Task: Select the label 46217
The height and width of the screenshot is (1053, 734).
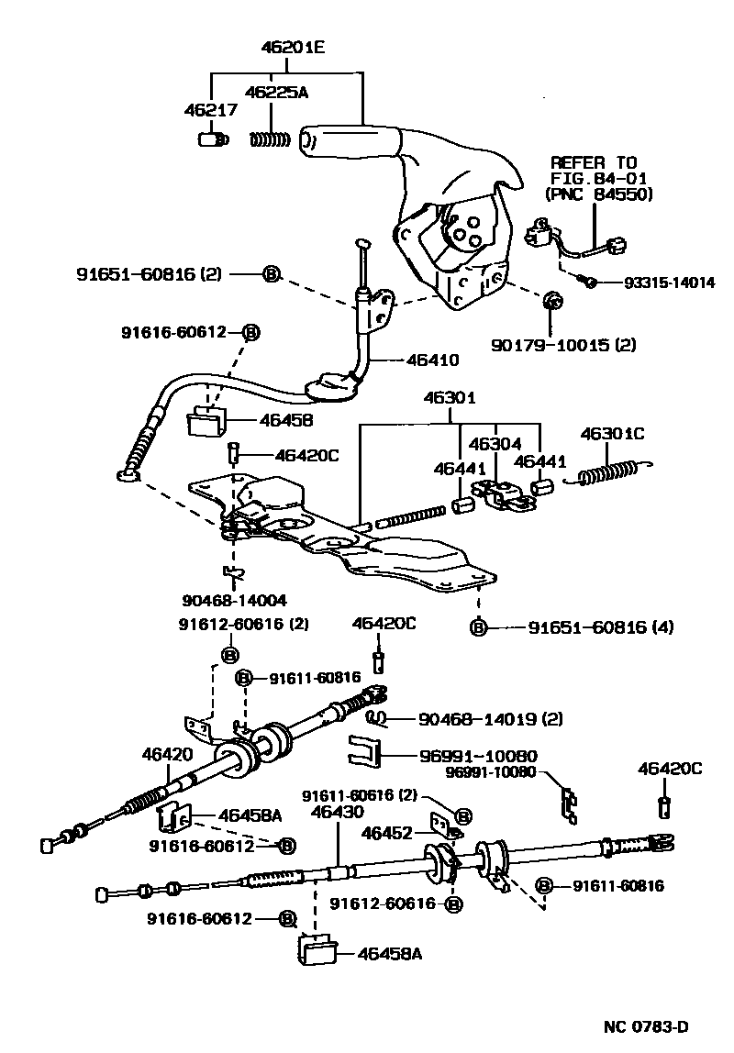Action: [x=211, y=110]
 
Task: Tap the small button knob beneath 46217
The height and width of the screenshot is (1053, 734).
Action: [x=212, y=140]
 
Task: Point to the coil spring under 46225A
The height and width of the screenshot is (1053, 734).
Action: [x=270, y=140]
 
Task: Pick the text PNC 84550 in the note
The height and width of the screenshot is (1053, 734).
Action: [x=598, y=194]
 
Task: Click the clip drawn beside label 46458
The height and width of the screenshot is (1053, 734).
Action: [x=208, y=423]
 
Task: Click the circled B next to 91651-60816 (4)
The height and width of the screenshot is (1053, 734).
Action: [x=478, y=627]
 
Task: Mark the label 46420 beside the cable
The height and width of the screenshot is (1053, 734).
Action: [x=167, y=755]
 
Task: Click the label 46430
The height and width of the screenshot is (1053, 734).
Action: [x=337, y=812]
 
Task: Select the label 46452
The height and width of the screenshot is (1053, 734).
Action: [x=386, y=834]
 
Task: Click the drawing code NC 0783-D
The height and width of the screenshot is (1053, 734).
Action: [x=647, y=1025]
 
